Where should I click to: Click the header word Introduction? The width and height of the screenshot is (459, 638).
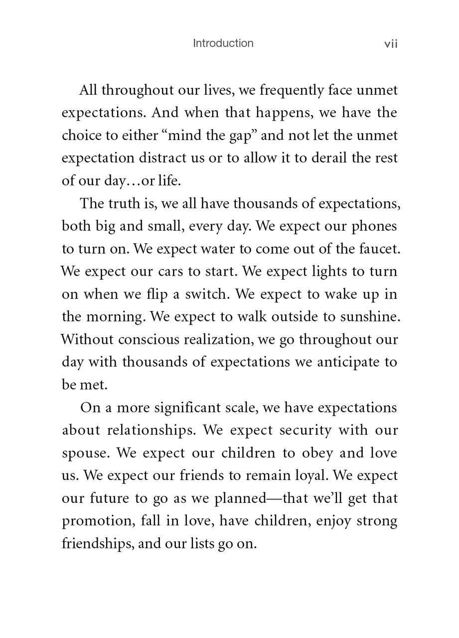[223, 43]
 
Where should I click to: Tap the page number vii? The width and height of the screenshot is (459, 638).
[391, 44]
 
